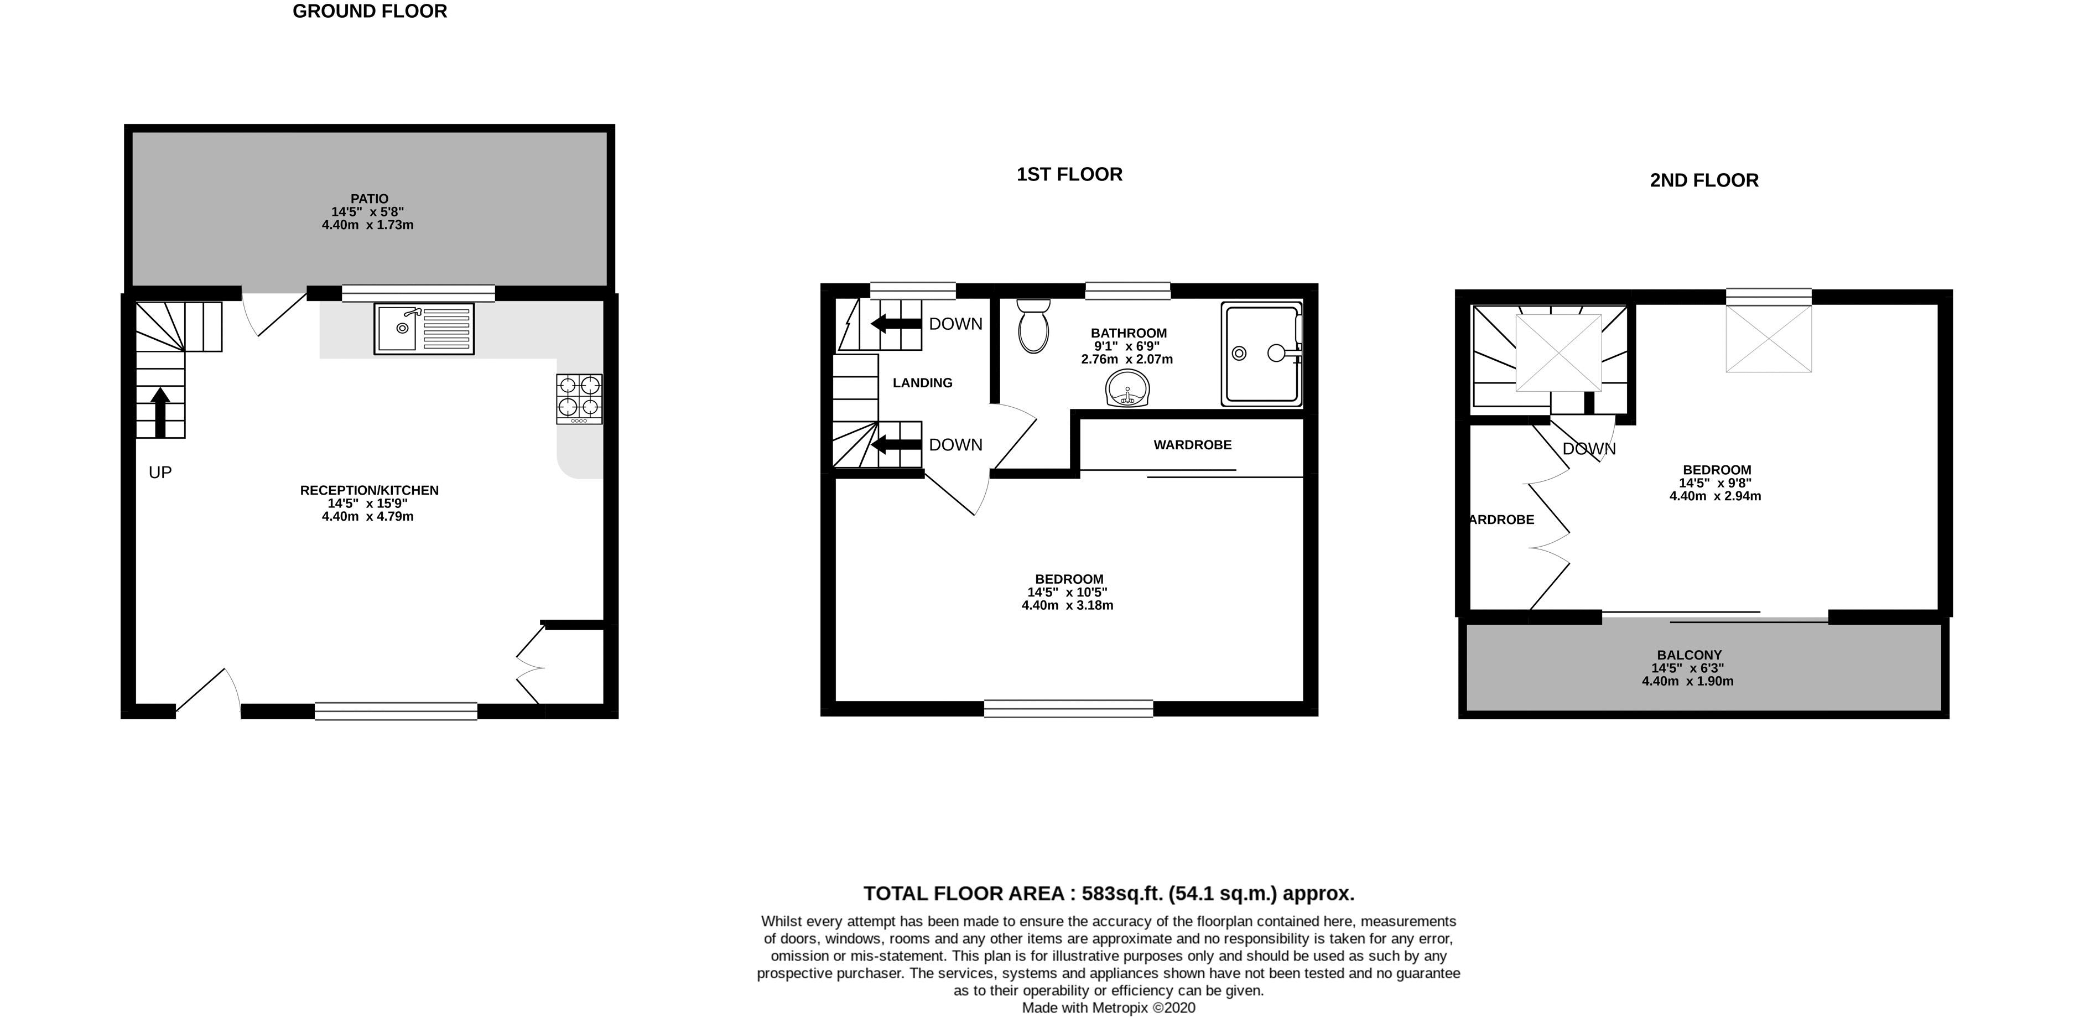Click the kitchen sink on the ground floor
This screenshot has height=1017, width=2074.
coord(424,329)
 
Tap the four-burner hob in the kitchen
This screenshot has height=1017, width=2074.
coord(579,398)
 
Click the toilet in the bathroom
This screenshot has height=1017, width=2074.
coord(1033,326)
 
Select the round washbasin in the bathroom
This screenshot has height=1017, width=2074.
coord(1129,390)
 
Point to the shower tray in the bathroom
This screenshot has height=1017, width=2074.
coord(1261,354)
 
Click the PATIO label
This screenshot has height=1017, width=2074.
coord(369,198)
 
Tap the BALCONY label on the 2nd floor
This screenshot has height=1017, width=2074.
coord(1688,655)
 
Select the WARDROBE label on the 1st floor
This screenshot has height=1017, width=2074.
coord(1192,444)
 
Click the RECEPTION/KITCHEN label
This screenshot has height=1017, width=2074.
coord(369,490)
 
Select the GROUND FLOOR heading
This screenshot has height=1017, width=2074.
coord(370,11)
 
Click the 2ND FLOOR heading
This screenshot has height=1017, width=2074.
coord(1704,180)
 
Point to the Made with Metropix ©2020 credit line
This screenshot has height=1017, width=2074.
coord(1108,1008)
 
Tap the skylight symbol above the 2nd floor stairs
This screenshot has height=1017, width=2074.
coord(1558,352)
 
